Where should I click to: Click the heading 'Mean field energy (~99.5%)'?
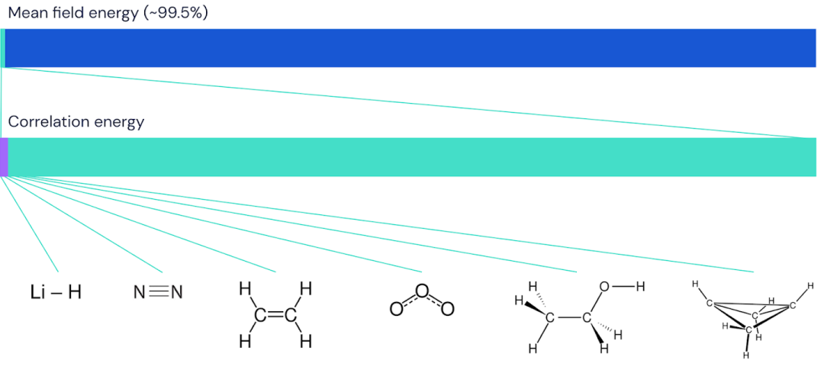[108, 13]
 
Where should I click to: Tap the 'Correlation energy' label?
[76, 122]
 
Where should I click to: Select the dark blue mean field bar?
[410, 48]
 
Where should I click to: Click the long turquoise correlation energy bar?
[412, 157]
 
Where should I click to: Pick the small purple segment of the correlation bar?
[4, 157]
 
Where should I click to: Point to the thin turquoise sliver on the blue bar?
[3, 48]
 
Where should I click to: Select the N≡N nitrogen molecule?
[158, 292]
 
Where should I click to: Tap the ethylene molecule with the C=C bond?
[276, 315]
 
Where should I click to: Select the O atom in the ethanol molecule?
[605, 287]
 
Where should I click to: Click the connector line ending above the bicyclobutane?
[378, 224]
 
